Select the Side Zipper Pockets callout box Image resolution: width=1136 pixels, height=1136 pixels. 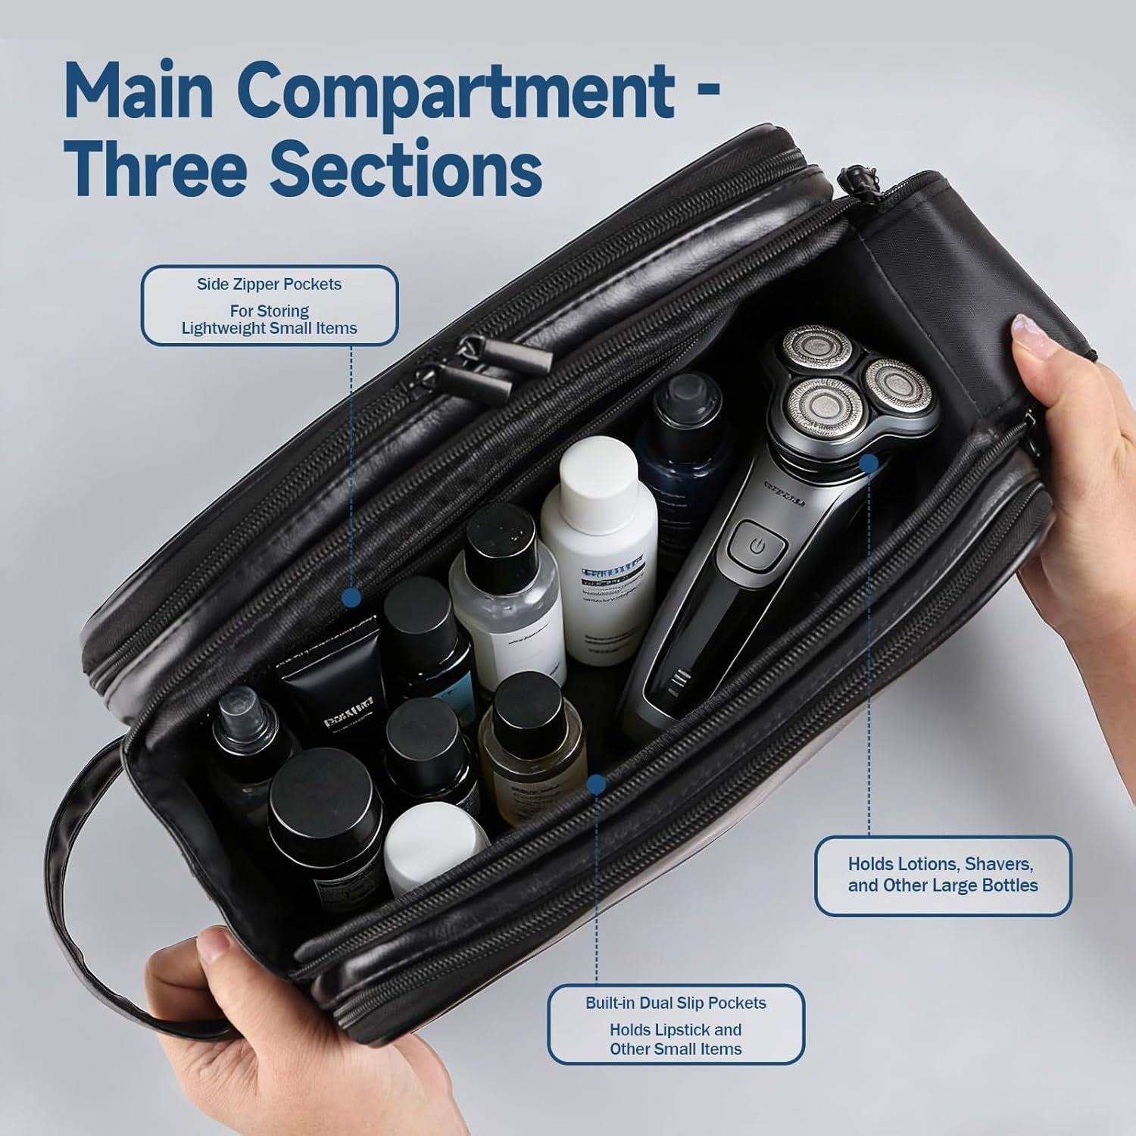point(270,305)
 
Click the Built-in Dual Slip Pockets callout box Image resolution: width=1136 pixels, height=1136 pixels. point(676,1025)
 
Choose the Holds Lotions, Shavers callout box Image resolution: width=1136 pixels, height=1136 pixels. point(942,875)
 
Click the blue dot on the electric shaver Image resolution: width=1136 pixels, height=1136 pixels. point(869,463)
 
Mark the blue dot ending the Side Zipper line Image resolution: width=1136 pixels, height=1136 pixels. point(351,598)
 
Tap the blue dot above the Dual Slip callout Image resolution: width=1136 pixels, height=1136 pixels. point(596,784)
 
